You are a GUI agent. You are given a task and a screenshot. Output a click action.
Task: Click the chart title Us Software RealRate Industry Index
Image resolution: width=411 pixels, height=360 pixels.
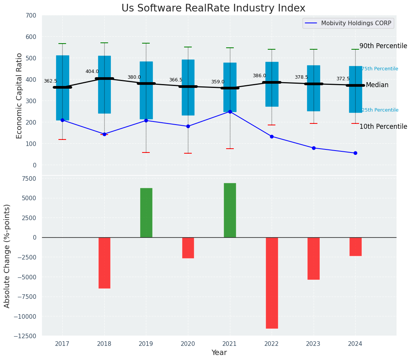tap(213, 8)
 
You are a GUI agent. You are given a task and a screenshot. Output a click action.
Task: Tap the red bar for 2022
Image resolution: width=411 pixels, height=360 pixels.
tap(272, 283)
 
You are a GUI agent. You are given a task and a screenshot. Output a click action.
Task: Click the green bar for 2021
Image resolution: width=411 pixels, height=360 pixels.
tap(230, 210)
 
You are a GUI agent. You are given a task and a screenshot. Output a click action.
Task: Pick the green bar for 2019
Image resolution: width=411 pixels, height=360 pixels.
tap(146, 212)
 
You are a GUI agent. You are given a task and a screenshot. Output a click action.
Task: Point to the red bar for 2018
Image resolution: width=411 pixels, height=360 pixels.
tap(104, 263)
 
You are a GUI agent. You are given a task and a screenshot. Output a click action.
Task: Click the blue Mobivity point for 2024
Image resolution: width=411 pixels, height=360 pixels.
tap(355, 153)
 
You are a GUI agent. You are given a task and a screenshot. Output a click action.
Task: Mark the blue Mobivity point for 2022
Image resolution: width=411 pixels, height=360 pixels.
tap(272, 136)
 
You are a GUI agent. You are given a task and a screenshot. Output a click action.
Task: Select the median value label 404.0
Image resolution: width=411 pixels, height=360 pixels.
tap(92, 71)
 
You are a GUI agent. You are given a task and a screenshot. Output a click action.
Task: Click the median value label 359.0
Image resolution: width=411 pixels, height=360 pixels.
tap(218, 82)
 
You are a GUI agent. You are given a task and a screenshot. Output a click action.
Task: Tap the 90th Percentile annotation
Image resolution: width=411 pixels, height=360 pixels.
tap(383, 46)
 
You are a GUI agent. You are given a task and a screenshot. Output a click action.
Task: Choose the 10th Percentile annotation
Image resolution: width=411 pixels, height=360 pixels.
tap(383, 126)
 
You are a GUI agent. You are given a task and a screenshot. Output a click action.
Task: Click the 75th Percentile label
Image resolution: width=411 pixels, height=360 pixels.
tap(380, 69)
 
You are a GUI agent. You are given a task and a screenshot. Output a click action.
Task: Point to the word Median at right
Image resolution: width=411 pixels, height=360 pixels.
tap(377, 85)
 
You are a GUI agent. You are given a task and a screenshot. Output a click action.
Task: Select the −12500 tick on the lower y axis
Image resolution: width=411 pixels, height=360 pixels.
tap(25, 336)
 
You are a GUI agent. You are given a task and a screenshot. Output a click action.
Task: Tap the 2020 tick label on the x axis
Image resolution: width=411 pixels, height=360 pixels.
tap(188, 344)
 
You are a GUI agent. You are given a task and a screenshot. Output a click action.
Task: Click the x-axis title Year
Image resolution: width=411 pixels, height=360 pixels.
tap(219, 353)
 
